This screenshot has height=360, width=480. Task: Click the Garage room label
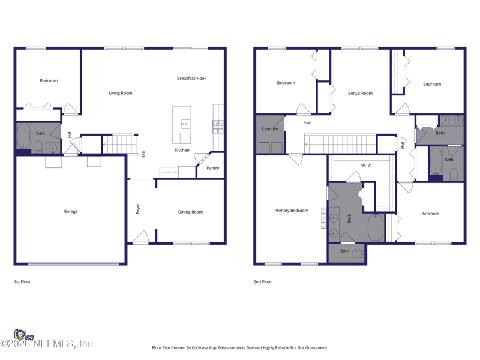click(70, 211)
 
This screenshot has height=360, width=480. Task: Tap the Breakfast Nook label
click(191, 79)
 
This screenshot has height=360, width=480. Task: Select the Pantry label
click(213, 168)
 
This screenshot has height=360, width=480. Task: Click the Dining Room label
click(190, 212)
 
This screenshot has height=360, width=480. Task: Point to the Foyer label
click(138, 209)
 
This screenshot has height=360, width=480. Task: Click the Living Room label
click(121, 93)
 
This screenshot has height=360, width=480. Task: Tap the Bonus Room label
click(361, 93)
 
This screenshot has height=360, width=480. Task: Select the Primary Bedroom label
click(291, 211)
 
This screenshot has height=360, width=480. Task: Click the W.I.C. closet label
click(367, 166)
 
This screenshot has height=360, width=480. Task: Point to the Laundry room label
click(269, 129)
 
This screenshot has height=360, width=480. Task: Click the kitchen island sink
click(185, 124)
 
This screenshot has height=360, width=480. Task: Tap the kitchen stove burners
click(218, 127)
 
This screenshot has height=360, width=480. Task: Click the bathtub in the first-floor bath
click(23, 136)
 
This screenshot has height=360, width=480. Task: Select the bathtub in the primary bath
click(376, 227)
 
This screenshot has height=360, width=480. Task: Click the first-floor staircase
click(119, 144)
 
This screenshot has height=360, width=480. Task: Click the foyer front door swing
click(141, 237)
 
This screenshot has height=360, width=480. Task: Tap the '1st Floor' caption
click(22, 281)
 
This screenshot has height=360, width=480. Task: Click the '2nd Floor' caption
click(262, 281)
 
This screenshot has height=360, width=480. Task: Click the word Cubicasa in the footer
click(200, 348)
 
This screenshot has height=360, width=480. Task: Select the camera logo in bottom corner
click(20, 335)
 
